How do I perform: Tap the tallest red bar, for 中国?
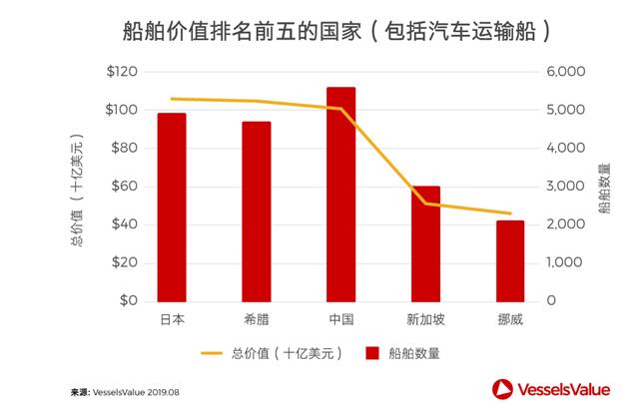pyautogui.click(x=341, y=194)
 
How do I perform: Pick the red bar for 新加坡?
pyautogui.click(x=426, y=243)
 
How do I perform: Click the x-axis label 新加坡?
pyautogui.click(x=426, y=319)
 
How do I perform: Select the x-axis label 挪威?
pyautogui.click(x=510, y=319)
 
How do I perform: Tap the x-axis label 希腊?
pyautogui.click(x=257, y=319)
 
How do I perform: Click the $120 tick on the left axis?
pyautogui.click(x=121, y=72)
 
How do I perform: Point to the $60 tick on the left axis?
pyautogui.click(x=125, y=187)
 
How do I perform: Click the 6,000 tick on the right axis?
pyautogui.click(x=565, y=72)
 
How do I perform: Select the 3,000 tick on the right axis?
pyautogui.click(x=565, y=187)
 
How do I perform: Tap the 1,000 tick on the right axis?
pyautogui.click(x=565, y=262)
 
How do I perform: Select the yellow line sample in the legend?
pyautogui.click(x=212, y=352)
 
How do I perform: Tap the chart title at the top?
pyautogui.click(x=320, y=32)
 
